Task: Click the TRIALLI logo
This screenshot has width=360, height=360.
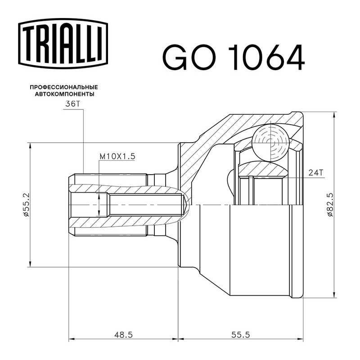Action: click(63, 44)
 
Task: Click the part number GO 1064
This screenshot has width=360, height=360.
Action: click(234, 57)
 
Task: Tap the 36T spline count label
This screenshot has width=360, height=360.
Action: click(72, 104)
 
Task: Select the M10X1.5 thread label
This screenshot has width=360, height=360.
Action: click(117, 157)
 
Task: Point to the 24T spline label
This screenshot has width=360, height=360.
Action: click(316, 172)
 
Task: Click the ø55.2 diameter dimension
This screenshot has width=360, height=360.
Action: click(26, 205)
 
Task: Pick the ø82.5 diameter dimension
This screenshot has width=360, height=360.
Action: click(330, 205)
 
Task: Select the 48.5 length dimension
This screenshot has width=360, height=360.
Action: click(123, 335)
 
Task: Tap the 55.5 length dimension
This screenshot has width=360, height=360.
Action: click(240, 335)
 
